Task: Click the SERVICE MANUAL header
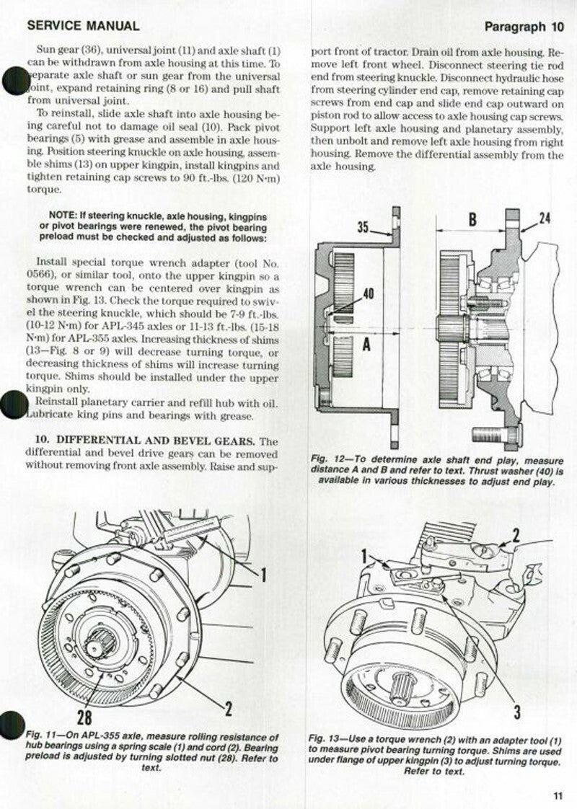point(82,26)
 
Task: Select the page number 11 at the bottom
point(557,795)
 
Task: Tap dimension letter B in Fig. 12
point(472,219)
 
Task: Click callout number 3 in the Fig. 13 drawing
point(517,712)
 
